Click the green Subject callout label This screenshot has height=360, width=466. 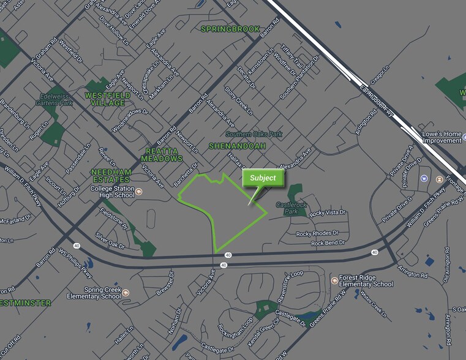point(263,178)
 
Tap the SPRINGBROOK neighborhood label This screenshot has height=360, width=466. point(230,29)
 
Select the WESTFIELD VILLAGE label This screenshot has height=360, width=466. point(105,100)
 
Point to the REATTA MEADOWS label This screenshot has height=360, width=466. point(162,154)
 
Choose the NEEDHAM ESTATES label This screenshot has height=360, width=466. point(111,176)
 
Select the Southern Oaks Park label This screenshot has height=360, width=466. point(253,133)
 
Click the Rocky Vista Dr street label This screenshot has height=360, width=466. point(328,214)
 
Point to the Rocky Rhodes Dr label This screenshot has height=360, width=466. point(317,234)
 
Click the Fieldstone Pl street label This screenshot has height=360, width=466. point(115,217)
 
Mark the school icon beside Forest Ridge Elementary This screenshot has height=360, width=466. point(334,280)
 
